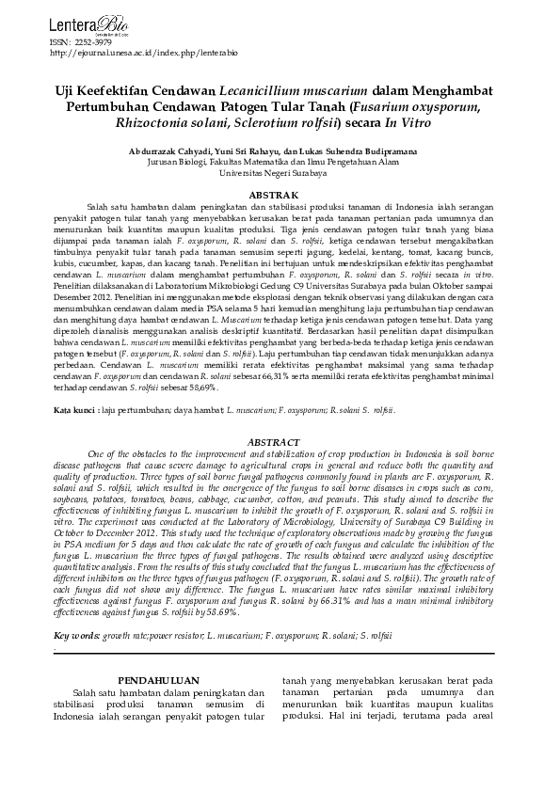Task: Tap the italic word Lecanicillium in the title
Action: click(264, 91)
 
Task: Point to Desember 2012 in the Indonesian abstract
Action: click(82, 293)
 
